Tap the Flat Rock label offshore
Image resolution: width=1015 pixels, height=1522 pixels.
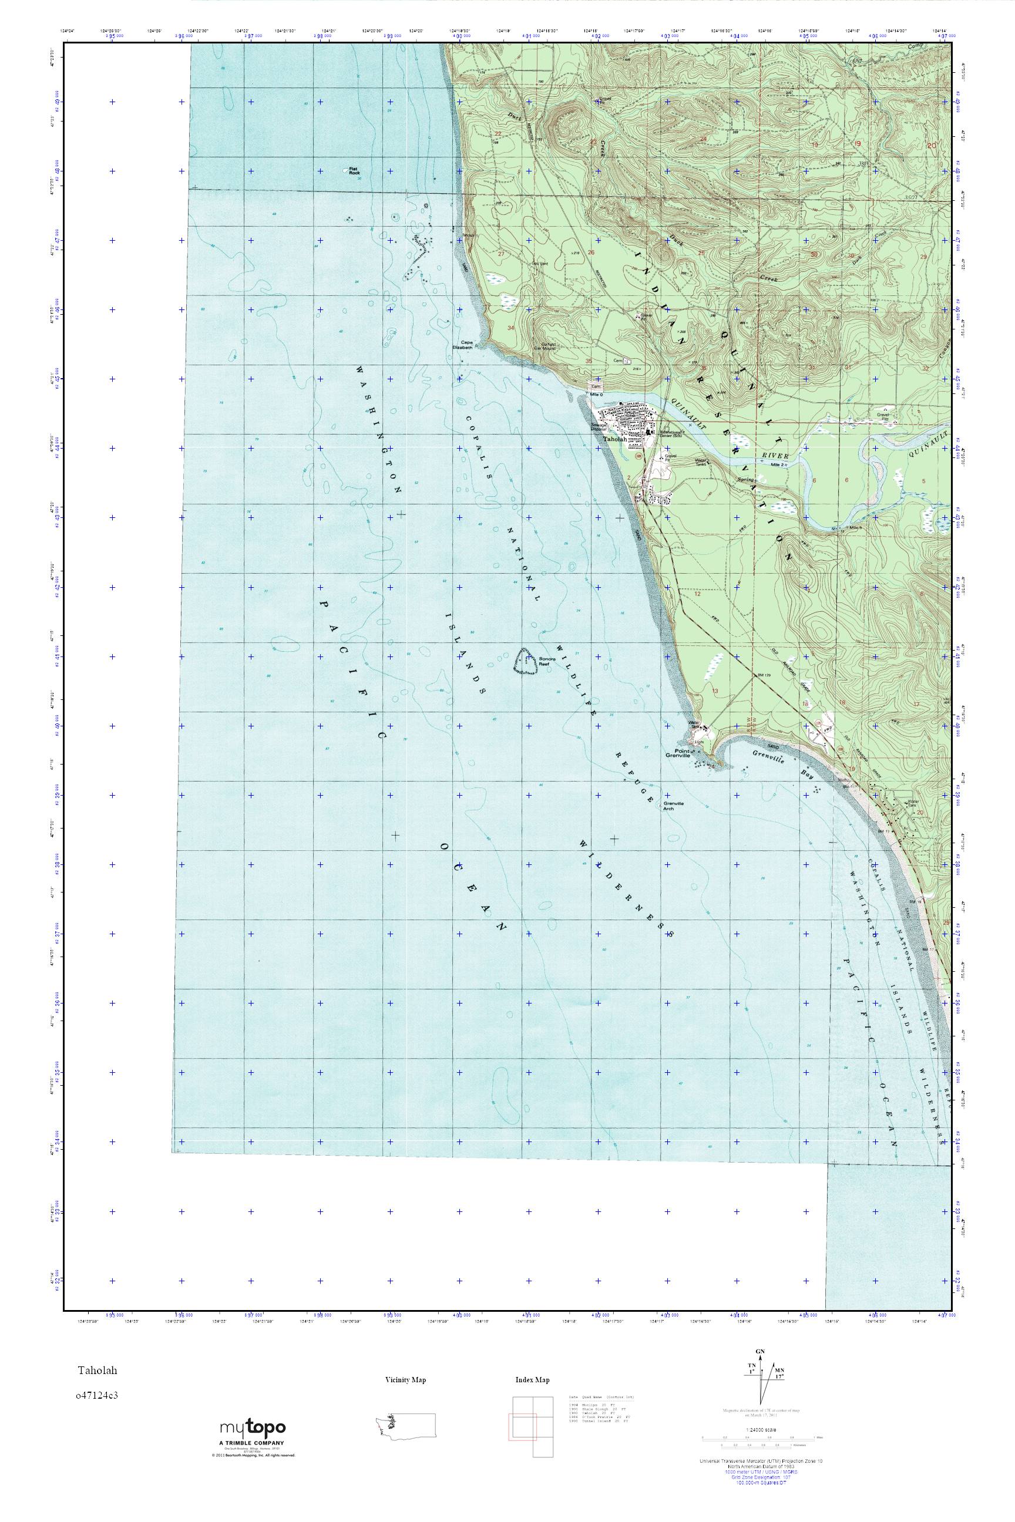coord(354,172)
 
